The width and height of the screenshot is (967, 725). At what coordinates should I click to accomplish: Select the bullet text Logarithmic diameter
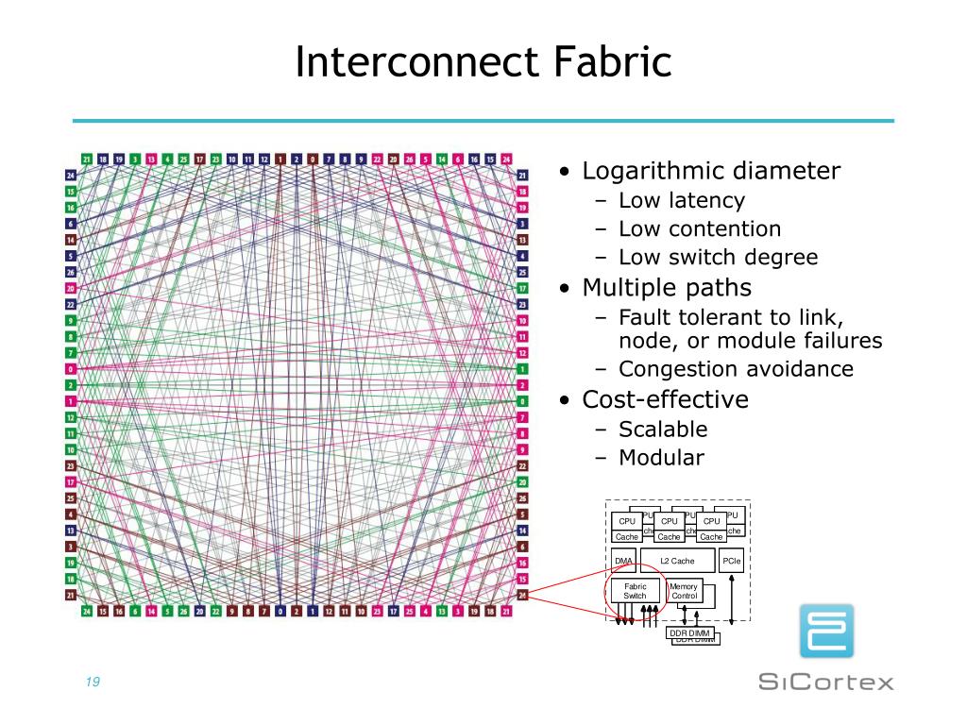[x=711, y=172]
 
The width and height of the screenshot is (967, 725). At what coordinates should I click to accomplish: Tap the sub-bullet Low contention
[x=700, y=228]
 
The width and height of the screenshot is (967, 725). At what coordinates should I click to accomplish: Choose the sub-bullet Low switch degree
[x=718, y=258]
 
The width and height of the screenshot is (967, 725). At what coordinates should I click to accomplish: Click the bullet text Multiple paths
[x=667, y=287]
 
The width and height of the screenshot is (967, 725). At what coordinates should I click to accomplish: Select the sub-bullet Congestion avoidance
[x=736, y=369]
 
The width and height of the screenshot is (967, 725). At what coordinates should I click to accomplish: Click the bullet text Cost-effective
[x=665, y=399]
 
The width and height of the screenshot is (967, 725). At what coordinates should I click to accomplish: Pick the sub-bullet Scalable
[x=663, y=430]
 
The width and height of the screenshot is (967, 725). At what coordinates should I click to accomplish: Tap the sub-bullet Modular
[x=661, y=459]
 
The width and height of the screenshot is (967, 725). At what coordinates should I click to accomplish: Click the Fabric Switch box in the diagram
[x=635, y=592]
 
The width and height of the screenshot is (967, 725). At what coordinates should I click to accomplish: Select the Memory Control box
[x=684, y=592]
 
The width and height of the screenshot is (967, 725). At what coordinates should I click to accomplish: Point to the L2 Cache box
[x=677, y=562]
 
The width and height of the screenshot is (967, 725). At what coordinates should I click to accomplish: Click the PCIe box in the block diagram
[x=732, y=562]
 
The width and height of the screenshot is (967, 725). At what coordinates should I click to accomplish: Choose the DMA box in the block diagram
[x=623, y=562]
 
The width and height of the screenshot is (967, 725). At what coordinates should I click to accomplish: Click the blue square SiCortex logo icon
[x=826, y=631]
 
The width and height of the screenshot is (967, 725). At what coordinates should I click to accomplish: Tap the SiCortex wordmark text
[x=826, y=682]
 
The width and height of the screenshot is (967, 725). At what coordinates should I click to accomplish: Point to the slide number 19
[x=93, y=683]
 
